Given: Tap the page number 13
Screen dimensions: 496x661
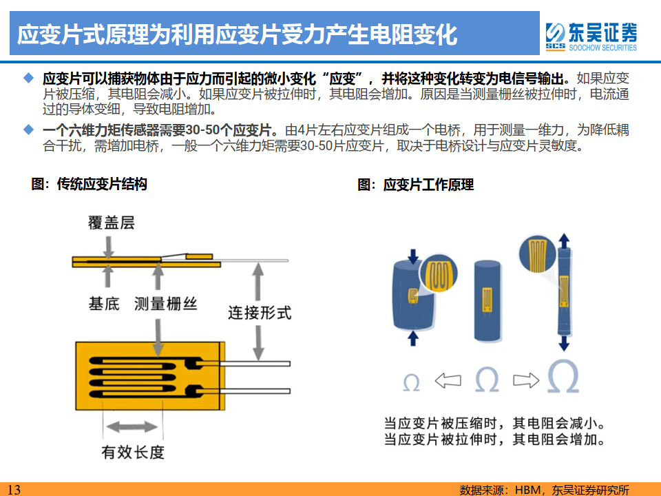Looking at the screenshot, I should pos(14,489).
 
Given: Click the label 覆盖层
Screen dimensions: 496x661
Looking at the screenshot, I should pos(110,223).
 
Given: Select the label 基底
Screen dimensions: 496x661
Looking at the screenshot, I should pos(104,302).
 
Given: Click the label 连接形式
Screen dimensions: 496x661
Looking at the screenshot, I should pos(260,313).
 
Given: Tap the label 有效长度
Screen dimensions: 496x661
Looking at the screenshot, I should pos(133,452).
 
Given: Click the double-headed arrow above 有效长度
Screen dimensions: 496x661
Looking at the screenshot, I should pos(132,427).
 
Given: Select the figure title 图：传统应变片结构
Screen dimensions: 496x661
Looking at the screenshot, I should pos(89,184).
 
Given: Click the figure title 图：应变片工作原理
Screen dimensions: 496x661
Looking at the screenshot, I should pos(415,185).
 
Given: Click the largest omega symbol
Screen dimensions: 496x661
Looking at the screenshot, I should pos(563,376).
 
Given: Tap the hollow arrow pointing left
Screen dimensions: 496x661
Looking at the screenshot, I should pos(448,380).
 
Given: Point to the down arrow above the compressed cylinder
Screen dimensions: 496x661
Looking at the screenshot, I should pos(412,256).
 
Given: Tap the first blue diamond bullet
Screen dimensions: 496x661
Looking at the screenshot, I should pos(28,76).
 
